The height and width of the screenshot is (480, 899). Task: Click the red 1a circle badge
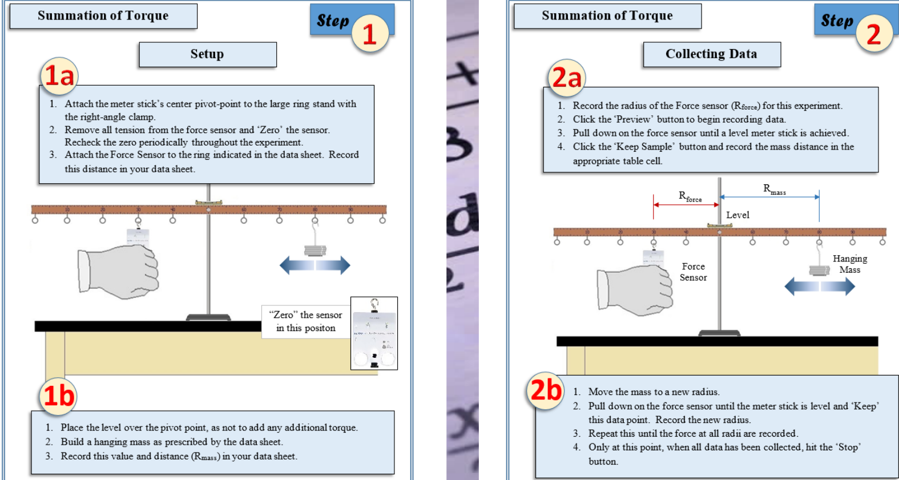click(x=59, y=75)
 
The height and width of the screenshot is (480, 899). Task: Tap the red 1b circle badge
click(x=58, y=396)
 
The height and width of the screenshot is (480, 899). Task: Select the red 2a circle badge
click(x=566, y=78)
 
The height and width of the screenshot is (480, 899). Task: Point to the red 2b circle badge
click(x=546, y=391)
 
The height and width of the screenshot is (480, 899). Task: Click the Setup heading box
click(x=207, y=54)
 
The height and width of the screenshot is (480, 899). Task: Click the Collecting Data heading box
click(x=711, y=54)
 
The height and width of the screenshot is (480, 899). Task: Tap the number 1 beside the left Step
click(x=370, y=34)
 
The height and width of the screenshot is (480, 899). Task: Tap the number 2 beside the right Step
click(x=873, y=34)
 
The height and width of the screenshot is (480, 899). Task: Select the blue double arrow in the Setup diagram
click(x=315, y=265)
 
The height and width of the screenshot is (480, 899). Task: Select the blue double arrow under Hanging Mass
click(x=820, y=286)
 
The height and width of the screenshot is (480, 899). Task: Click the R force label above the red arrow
click(x=690, y=196)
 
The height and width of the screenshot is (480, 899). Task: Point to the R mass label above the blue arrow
click(x=774, y=189)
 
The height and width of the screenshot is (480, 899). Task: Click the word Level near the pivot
click(x=737, y=215)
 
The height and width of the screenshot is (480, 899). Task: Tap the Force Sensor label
click(x=693, y=272)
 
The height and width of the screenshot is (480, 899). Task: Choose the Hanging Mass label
click(x=849, y=264)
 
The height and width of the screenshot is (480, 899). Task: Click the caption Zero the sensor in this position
click(x=306, y=321)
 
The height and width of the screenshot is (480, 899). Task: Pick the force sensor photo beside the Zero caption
click(x=374, y=333)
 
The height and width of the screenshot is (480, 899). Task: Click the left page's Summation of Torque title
click(x=103, y=16)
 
